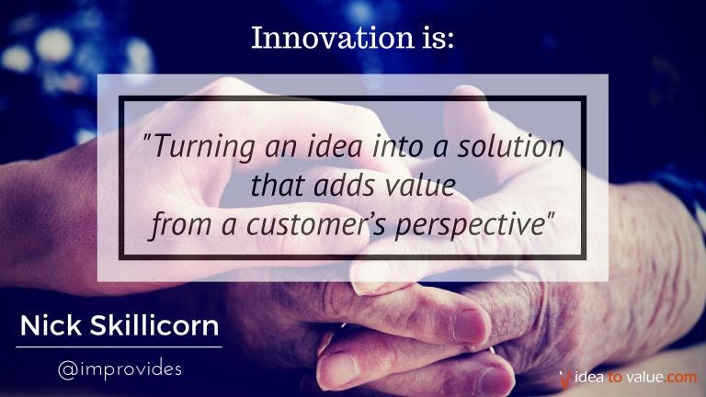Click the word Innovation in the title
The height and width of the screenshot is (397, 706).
click(332, 38)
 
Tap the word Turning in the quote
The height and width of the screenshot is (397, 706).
click(204, 147)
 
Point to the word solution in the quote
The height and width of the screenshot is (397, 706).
click(510, 146)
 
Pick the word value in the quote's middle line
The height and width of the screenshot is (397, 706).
click(419, 185)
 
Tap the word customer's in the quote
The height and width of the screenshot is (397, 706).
click(316, 224)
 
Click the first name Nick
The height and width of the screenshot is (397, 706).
click(51, 325)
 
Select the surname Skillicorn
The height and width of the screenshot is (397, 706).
click(154, 325)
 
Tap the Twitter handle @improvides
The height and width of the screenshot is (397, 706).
click(120, 369)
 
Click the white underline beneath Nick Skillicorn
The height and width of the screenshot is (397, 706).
click(119, 347)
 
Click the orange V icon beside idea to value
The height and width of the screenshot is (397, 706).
click(565, 379)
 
